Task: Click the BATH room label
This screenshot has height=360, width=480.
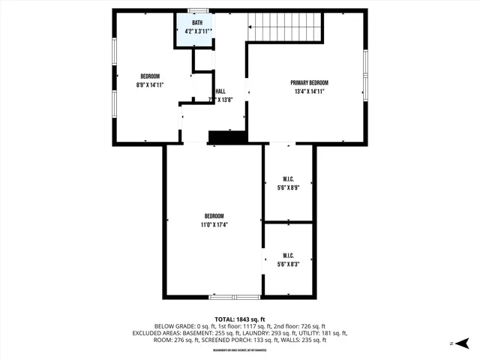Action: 197,23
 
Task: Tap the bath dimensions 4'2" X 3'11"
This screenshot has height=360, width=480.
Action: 197,31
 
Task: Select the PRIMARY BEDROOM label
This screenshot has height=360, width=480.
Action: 310,83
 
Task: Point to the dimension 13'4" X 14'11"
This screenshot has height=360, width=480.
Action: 310,91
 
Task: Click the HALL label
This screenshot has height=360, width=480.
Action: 220,91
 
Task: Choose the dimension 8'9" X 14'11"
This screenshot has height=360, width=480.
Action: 150,85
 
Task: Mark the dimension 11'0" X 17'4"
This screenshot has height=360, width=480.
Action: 214,224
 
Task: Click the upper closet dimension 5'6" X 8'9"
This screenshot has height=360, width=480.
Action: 288,187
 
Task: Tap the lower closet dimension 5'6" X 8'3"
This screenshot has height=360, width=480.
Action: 288,263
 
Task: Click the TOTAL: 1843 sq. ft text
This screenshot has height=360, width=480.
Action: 240,318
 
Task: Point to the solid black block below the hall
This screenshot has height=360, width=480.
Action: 227,137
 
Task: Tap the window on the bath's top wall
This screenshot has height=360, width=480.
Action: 198,10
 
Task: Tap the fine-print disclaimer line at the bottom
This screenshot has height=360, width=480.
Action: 240,350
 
